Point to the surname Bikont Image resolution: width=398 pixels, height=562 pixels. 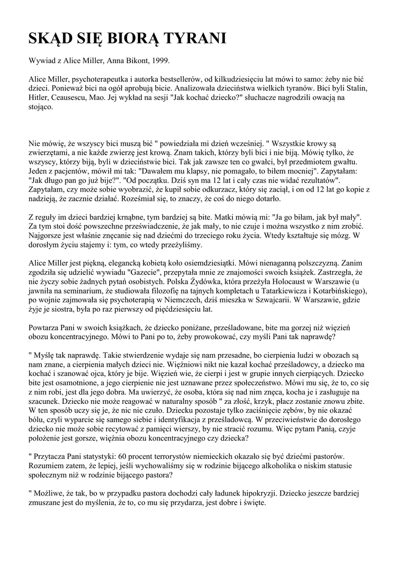pos(130,61)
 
